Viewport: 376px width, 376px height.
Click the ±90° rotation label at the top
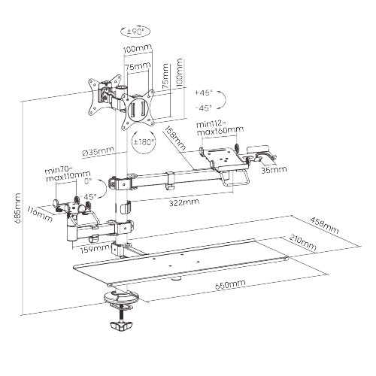[x=135, y=31]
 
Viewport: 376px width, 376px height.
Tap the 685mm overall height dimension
[x=17, y=208]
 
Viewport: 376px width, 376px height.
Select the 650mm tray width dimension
[x=230, y=284]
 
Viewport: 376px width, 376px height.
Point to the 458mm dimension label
[x=324, y=225]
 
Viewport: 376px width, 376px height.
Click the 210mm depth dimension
[x=302, y=242]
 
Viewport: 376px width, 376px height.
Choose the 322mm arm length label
[x=184, y=202]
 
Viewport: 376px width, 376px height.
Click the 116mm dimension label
[x=41, y=214]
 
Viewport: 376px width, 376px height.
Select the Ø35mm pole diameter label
[x=98, y=152]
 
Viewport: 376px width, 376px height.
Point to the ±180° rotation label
[x=144, y=142]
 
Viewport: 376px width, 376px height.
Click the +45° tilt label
[x=203, y=92]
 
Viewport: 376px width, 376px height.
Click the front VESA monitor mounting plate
[x=138, y=111]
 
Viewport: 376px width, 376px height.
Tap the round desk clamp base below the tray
[x=121, y=298]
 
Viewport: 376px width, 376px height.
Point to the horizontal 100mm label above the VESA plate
[x=138, y=48]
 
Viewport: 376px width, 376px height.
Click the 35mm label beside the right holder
[x=274, y=170]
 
